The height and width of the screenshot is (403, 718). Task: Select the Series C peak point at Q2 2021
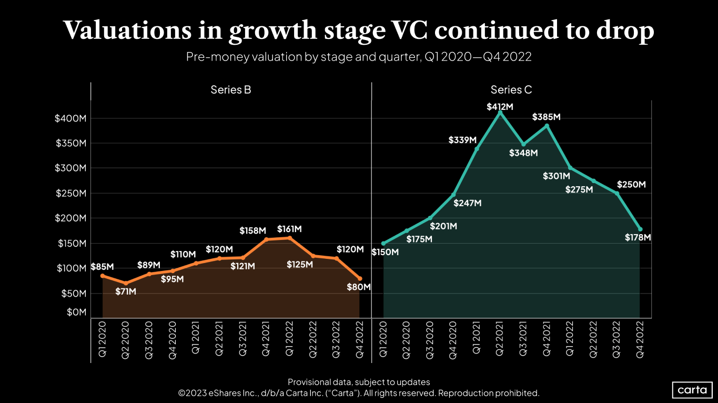click(500, 113)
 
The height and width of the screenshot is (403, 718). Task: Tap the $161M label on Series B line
click(289, 229)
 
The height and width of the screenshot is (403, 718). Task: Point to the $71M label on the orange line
click(126, 291)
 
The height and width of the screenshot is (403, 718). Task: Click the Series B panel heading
click(230, 90)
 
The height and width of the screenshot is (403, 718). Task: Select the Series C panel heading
click(511, 90)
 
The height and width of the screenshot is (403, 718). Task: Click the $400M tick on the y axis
click(70, 118)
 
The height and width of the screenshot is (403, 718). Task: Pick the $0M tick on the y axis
click(76, 313)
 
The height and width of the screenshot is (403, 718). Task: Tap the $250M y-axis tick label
click(70, 194)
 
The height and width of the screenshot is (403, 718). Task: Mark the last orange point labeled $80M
click(360, 278)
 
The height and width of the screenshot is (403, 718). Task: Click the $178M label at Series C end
click(638, 238)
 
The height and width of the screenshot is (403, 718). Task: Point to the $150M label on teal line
click(385, 252)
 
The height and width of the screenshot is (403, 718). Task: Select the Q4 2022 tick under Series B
click(360, 340)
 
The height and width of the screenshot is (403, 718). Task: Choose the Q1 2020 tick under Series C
click(383, 340)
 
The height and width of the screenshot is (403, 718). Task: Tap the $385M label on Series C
click(547, 117)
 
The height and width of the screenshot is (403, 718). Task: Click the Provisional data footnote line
click(359, 382)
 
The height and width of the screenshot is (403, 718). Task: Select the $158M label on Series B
click(252, 231)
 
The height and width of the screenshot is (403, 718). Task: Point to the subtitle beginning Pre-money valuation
click(359, 57)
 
